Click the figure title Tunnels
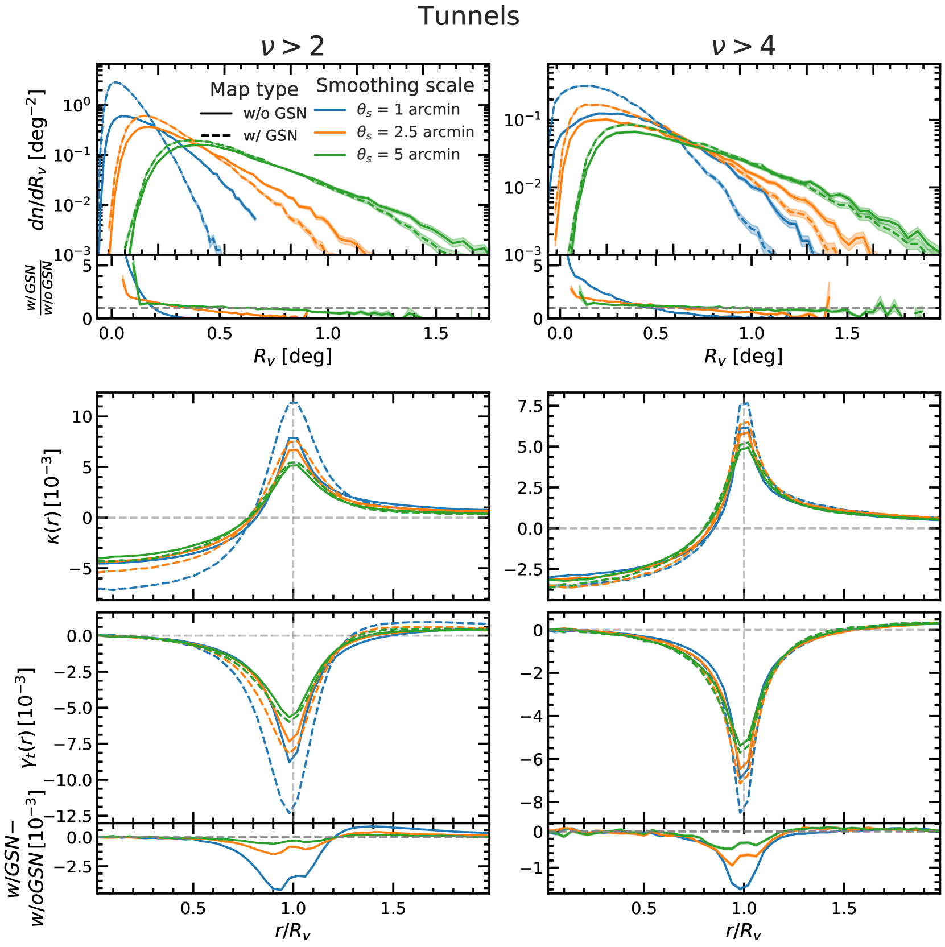[468, 16]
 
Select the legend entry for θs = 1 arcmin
[408, 109]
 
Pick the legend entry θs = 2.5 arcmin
[415, 132]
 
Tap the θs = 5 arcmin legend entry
[408, 155]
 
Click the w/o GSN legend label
[275, 113]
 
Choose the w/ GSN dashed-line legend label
[270, 135]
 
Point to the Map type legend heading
[254, 89]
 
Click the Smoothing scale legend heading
[395, 85]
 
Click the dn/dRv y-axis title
[37, 159]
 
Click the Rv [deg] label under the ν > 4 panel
[743, 357]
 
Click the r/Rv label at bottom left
[292, 931]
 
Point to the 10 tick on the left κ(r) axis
[82, 416]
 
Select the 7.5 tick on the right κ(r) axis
[530, 406]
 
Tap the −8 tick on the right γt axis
[531, 803]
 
